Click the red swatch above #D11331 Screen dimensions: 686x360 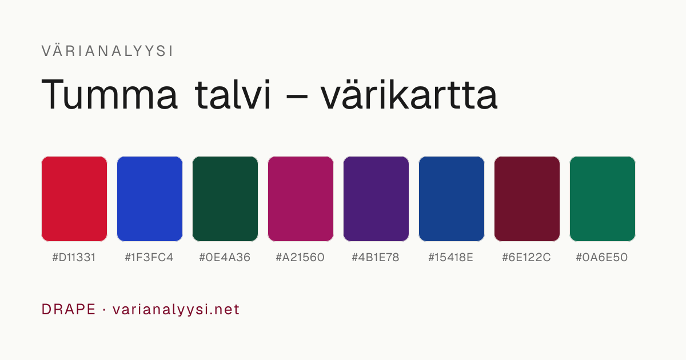click(74, 199)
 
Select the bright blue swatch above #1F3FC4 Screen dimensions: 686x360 click(150, 199)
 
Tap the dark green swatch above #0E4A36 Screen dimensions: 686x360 click(225, 199)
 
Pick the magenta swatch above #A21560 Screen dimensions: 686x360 click(301, 199)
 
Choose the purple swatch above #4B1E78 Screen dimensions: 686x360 click(376, 199)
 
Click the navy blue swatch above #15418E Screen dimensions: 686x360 click(452, 199)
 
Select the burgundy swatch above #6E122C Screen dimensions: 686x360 click(527, 199)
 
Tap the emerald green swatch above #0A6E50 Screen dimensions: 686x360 click(603, 199)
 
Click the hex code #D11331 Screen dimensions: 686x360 click(74, 258)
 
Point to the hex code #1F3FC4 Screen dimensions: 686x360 click(149, 258)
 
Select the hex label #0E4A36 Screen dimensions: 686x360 click(225, 258)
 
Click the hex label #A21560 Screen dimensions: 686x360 click(300, 258)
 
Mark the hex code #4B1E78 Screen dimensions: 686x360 click(376, 258)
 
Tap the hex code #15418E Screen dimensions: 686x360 click(451, 258)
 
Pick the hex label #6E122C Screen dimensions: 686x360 click(527, 258)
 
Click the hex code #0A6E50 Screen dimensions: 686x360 click(602, 258)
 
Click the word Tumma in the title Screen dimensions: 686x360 click(109, 94)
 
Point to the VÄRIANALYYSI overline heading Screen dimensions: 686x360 click(107, 51)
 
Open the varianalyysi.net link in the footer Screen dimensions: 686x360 click(176, 310)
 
